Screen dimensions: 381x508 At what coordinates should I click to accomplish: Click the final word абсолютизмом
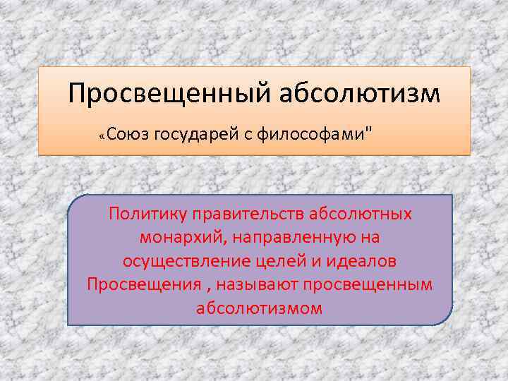(x=260, y=309)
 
